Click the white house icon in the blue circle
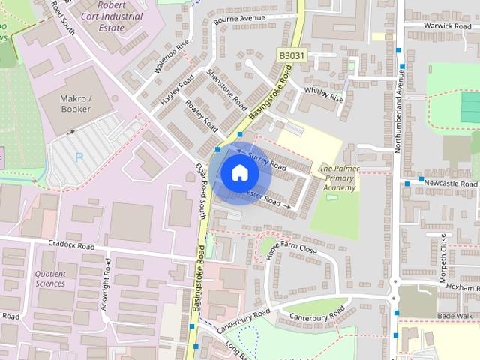coord(239,174)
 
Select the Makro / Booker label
coord(75,103)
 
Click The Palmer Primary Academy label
coord(339,178)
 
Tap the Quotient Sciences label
coord(50,279)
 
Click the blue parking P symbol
coord(79,158)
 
